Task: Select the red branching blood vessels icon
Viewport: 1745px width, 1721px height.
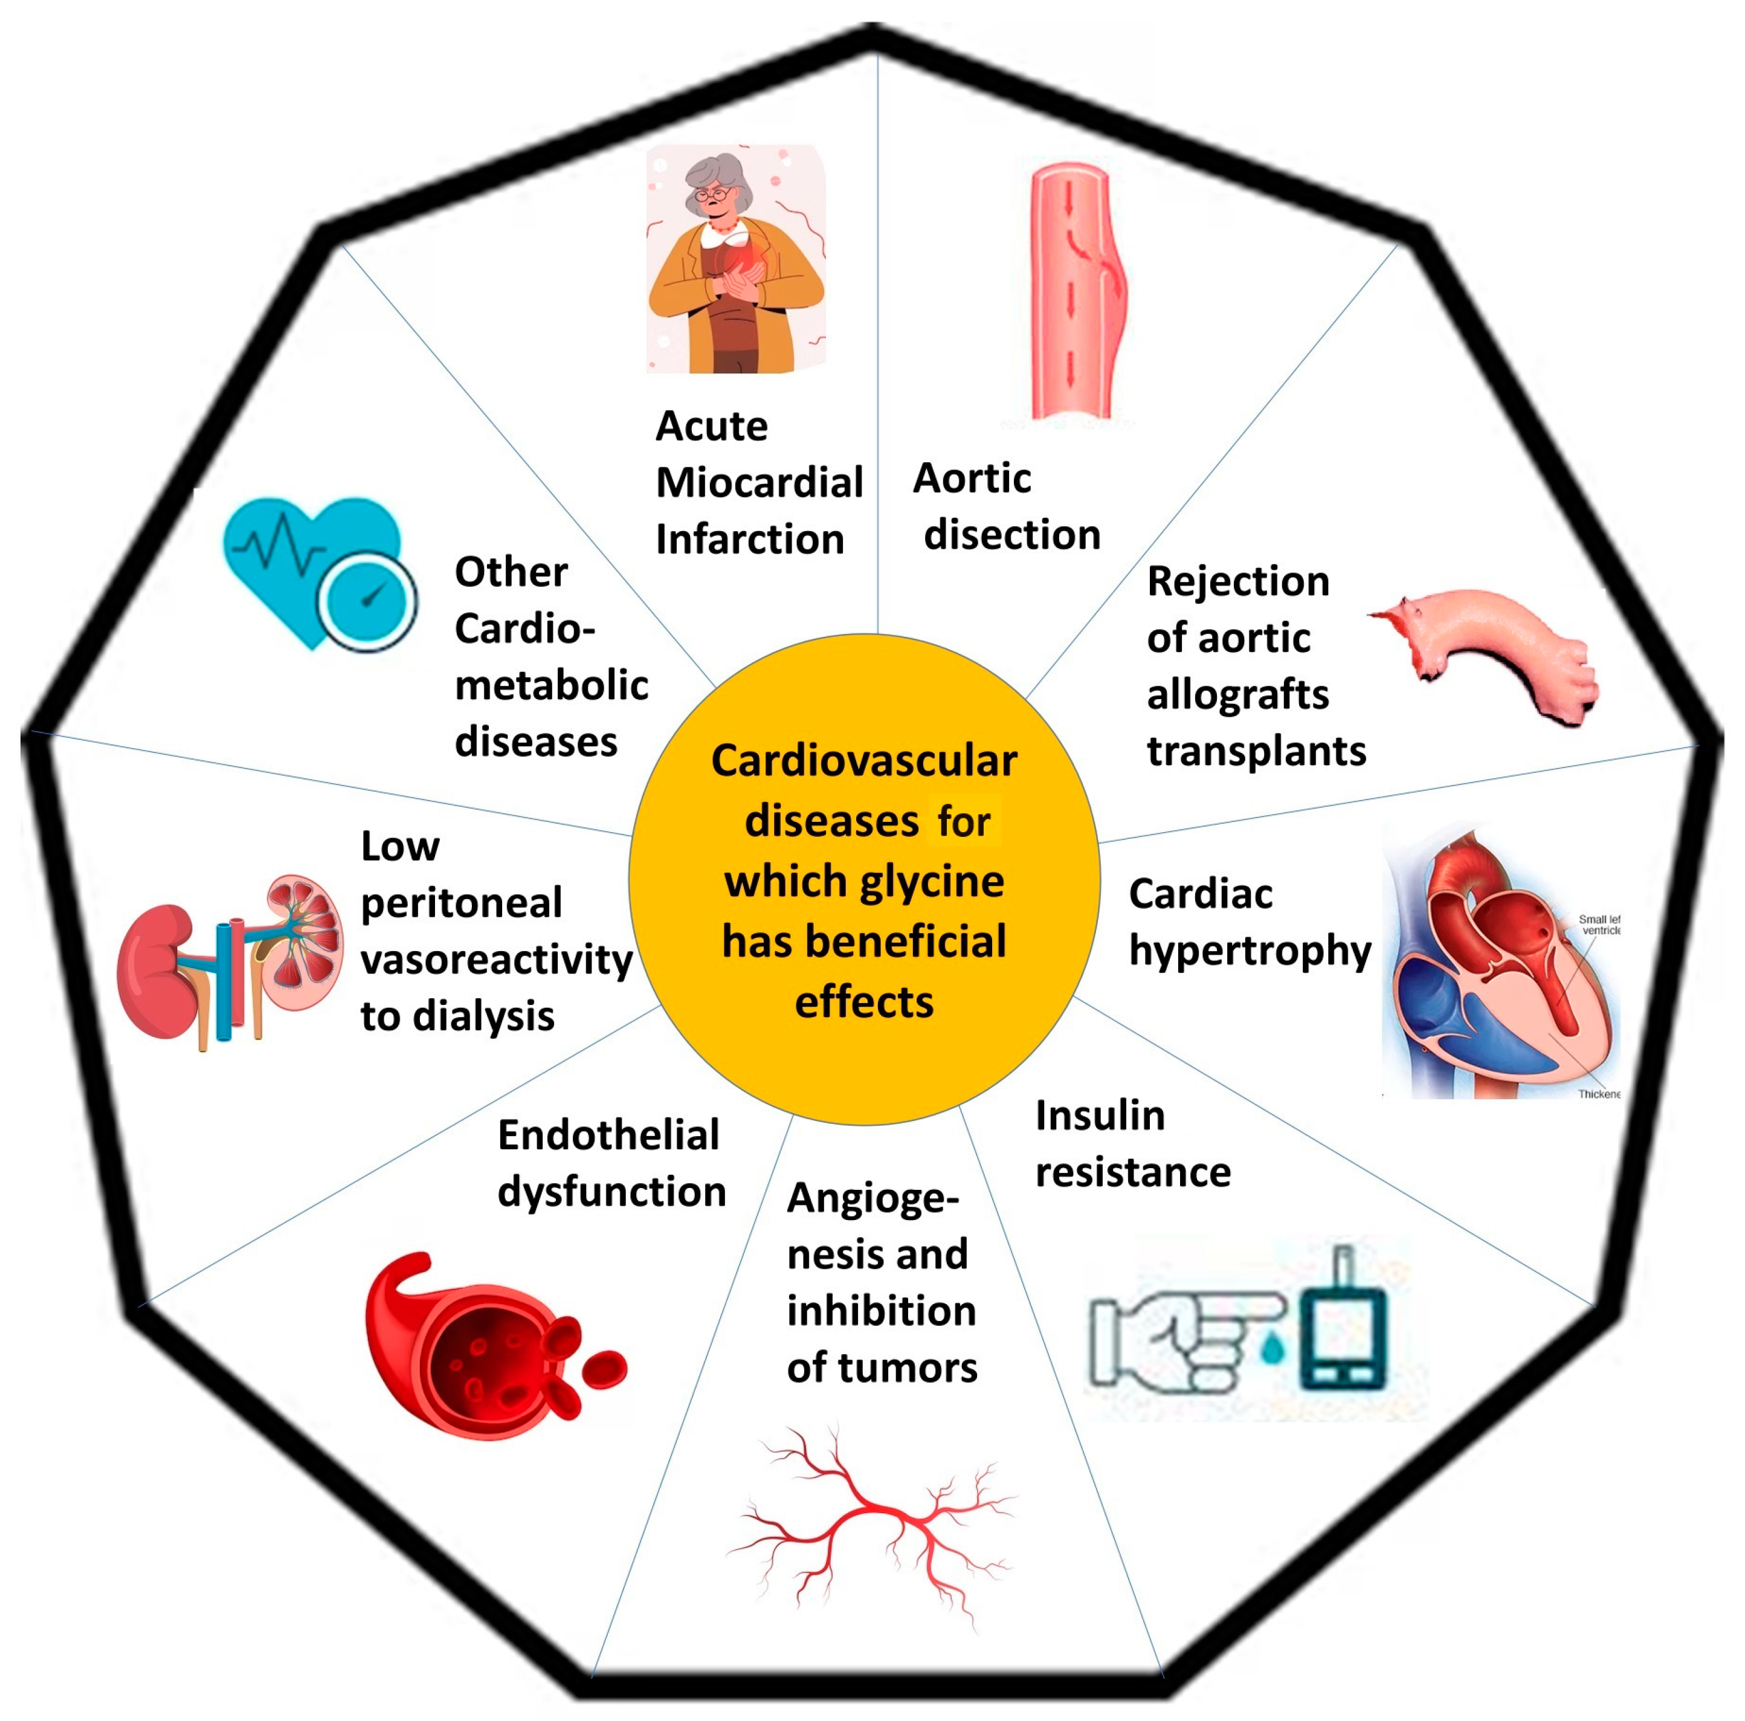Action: coord(872,1525)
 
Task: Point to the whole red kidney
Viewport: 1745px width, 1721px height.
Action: coord(155,971)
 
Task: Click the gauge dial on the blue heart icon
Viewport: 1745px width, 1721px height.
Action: coord(367,599)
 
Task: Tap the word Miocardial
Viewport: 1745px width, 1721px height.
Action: coord(759,482)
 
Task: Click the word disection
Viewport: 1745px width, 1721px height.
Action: coord(1011,535)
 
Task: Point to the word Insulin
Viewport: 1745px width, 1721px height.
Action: coord(1099,1116)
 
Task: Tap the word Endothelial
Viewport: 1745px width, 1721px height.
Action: coord(608,1135)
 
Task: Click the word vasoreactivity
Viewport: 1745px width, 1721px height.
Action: coord(496,960)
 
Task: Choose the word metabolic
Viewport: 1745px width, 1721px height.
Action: coord(551,685)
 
